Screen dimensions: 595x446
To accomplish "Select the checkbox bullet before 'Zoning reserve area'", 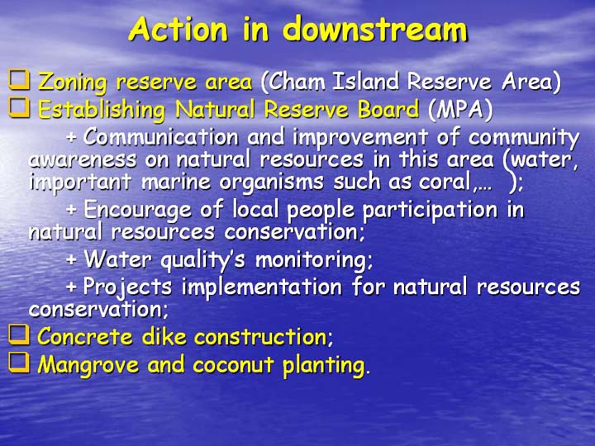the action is (x=19, y=80).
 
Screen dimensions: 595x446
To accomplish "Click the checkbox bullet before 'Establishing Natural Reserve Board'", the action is (x=19, y=107).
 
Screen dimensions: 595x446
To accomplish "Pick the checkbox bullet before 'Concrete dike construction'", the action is (x=19, y=334).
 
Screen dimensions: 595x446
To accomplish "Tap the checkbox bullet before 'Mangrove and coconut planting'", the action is (x=19, y=363).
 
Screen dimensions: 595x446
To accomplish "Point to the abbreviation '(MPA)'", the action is (x=460, y=110).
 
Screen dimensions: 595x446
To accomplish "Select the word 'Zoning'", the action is (x=73, y=83).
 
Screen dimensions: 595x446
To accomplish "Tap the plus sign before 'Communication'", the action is (x=72, y=137).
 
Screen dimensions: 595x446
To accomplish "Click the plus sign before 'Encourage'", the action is (x=72, y=209).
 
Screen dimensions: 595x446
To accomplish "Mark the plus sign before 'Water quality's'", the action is (x=72, y=259).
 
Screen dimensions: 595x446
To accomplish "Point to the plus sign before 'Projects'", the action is (x=72, y=287).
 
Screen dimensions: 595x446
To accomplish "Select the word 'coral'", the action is (x=447, y=182).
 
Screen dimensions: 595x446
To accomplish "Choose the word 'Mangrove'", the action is (x=88, y=365).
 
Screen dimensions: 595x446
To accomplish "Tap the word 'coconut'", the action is (x=233, y=365).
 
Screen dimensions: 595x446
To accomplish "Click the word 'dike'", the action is (x=164, y=336).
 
